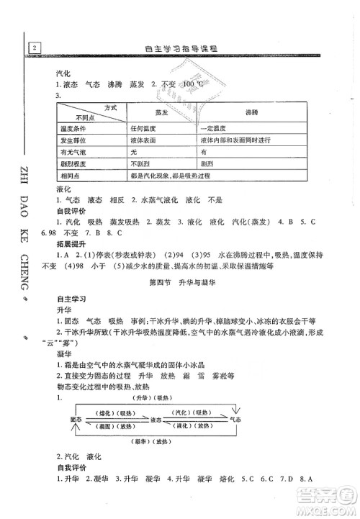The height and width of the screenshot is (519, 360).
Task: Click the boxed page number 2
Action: tap(34, 48)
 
